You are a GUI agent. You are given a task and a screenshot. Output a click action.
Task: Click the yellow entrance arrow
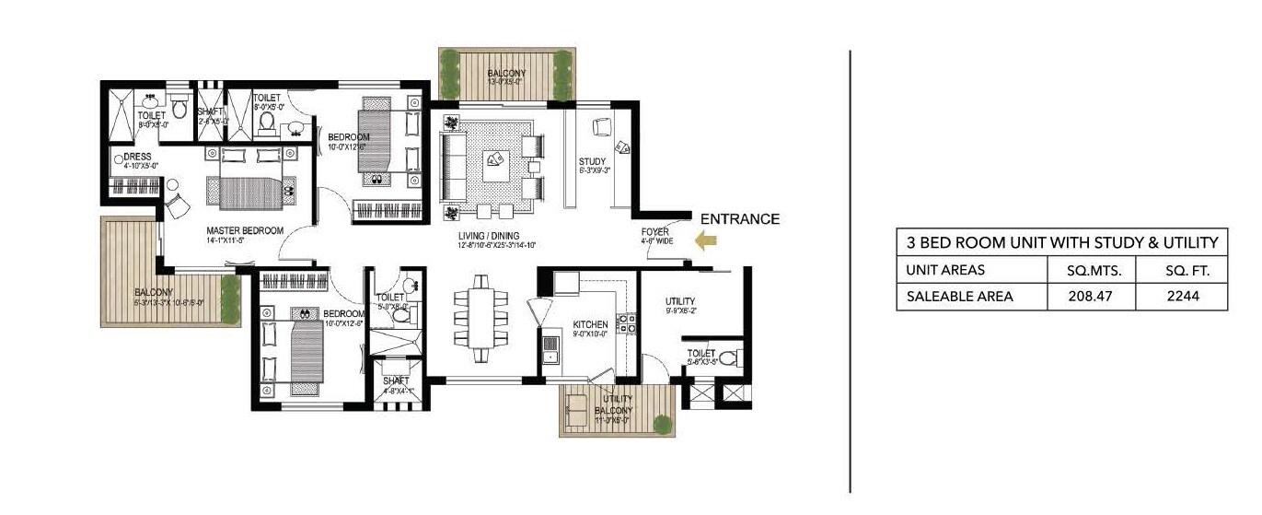[x=707, y=241]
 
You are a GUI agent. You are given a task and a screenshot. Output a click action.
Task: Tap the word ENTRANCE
[x=740, y=219]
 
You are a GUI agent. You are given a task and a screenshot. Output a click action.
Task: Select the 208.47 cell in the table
[x=1091, y=296]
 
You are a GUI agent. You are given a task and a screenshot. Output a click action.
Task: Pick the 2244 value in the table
[x=1183, y=296]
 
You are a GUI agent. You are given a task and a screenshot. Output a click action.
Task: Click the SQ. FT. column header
[x=1183, y=270]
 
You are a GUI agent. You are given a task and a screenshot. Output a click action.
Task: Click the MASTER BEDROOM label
[x=245, y=230]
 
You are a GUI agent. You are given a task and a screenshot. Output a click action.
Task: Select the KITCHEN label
[x=590, y=325]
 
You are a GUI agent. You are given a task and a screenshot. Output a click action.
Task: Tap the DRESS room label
[x=138, y=158]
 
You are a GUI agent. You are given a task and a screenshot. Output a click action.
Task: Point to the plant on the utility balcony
[x=662, y=423]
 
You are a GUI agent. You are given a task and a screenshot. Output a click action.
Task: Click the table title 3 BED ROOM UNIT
[x=1062, y=243]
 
